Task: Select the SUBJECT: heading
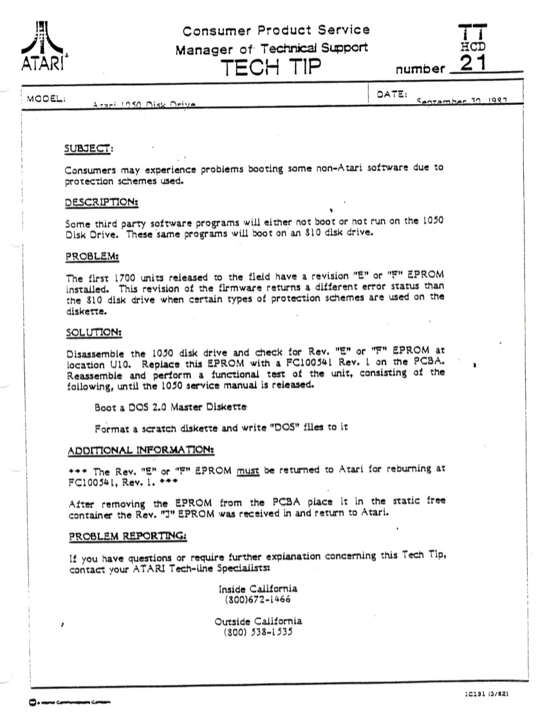tap(89, 149)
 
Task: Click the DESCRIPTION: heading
tap(102, 203)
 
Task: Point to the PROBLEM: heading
tap(93, 256)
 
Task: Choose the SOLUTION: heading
tap(95, 332)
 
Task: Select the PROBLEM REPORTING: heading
tap(128, 536)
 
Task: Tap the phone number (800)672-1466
tap(258, 599)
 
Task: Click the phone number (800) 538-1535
tap(258, 632)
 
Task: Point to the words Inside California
tap(258, 588)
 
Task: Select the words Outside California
tap(258, 621)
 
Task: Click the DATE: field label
tap(391, 95)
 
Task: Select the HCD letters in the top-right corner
tap(473, 47)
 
